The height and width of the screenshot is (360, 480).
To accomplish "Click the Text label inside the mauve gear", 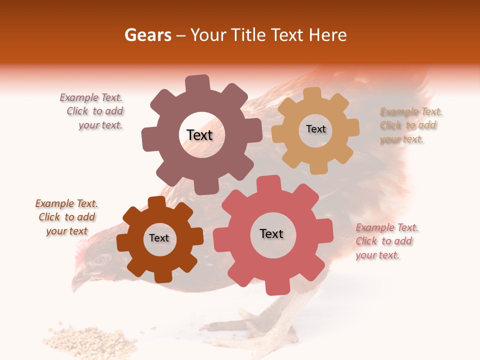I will pyautogui.click(x=199, y=135).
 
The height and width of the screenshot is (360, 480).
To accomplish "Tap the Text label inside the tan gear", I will pyautogui.click(x=315, y=129).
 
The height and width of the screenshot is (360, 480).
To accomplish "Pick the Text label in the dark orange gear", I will pyautogui.click(x=159, y=238).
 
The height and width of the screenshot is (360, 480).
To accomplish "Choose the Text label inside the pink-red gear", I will pyautogui.click(x=271, y=233).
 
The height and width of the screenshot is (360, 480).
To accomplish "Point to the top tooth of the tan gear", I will pyautogui.click(x=312, y=94).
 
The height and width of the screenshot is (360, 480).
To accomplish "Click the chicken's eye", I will pyautogui.click(x=101, y=260).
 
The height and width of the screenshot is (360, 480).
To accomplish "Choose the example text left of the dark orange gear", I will pyautogui.click(x=66, y=217).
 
